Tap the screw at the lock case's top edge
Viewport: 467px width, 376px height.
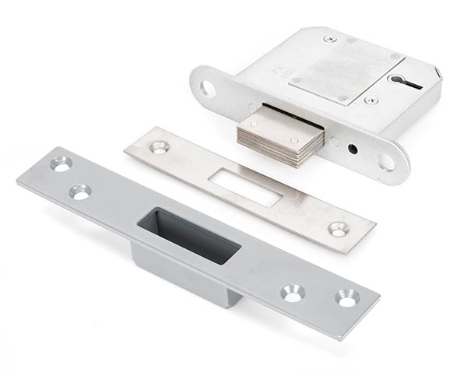[330, 39]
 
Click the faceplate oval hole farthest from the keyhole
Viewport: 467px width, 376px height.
[208, 88]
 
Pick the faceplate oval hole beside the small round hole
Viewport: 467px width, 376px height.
[386, 162]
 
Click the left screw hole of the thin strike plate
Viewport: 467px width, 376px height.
[160, 146]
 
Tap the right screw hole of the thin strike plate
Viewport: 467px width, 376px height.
[338, 229]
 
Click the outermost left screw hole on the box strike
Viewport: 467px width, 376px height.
[60, 164]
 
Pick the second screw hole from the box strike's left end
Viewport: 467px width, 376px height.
[79, 191]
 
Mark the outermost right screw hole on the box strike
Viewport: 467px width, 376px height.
[346, 297]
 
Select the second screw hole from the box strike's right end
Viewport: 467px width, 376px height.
[293, 293]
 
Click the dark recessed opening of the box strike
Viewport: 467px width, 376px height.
[187, 230]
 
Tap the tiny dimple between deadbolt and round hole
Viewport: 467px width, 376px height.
[332, 142]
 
